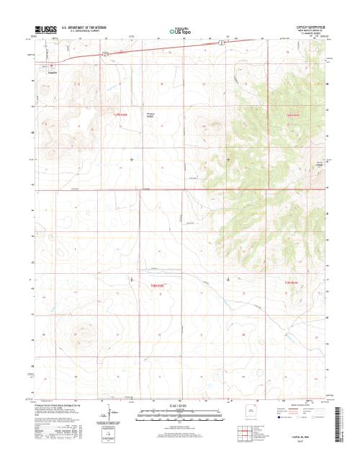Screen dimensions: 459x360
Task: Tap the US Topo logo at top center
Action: pyautogui.click(x=179, y=31)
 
